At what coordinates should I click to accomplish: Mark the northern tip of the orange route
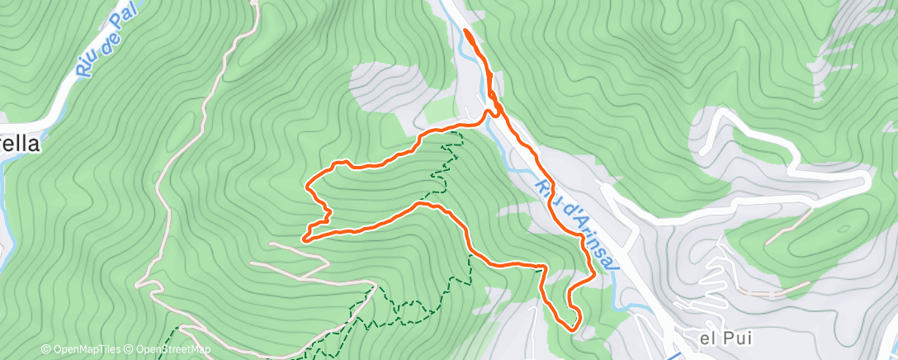pos(466,31)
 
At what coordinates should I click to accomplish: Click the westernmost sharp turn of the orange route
pos(305,239)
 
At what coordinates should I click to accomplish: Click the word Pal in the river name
pos(122,22)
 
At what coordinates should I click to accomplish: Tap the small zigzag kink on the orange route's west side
pos(322,216)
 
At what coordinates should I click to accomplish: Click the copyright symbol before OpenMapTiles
pos(45,349)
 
